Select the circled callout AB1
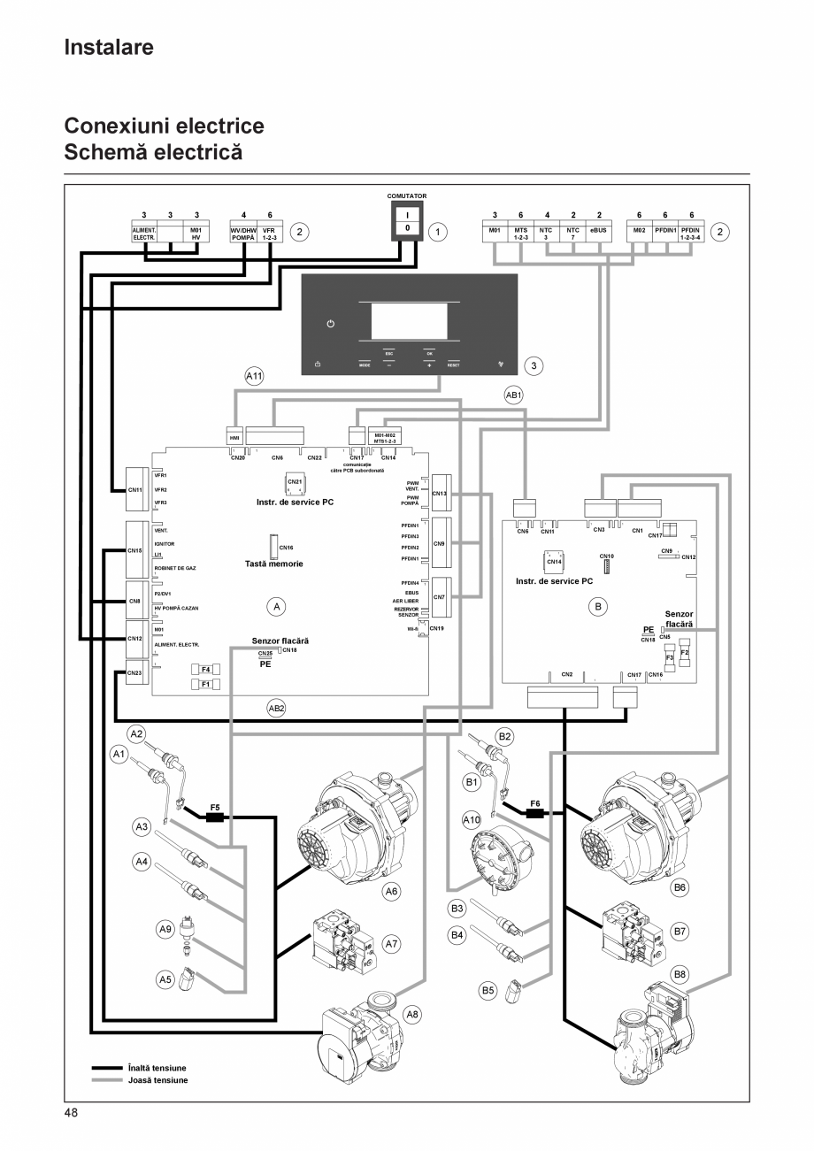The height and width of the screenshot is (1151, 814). click(514, 396)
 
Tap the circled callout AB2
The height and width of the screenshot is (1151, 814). click(277, 708)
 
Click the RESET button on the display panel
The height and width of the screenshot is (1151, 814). click(453, 364)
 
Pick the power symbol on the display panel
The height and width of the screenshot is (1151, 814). click(331, 324)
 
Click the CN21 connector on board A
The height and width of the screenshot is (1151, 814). click(295, 483)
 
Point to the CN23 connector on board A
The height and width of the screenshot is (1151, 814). click(134, 672)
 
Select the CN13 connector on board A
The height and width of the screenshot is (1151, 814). click(439, 493)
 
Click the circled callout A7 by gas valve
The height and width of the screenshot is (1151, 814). click(392, 944)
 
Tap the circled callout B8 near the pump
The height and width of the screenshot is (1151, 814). click(680, 975)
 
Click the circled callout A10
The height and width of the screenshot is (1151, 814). click(472, 819)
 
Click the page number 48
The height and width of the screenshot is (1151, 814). click(71, 1112)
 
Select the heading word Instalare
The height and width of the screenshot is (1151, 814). click(109, 47)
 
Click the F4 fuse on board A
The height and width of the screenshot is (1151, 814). click(205, 670)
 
